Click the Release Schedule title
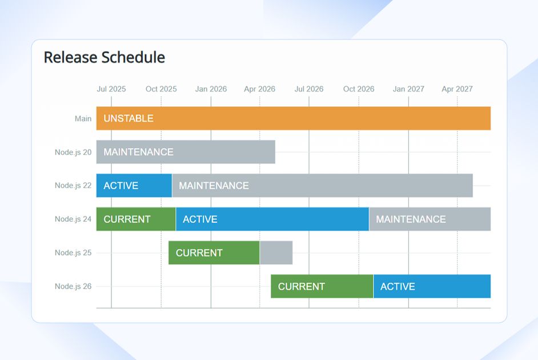click(x=105, y=58)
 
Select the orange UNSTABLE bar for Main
click(x=293, y=118)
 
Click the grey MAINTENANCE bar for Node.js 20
click(x=186, y=152)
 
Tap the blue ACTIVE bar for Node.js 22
click(x=134, y=186)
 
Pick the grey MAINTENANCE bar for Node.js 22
click(x=322, y=186)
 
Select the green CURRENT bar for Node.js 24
click(x=136, y=219)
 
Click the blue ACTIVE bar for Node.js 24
click(x=272, y=219)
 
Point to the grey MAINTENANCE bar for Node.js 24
click(x=429, y=219)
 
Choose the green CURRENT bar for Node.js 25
click(x=214, y=253)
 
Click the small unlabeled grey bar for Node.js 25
click(x=276, y=253)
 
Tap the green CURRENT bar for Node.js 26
click(x=322, y=286)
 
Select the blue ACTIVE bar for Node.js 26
click(x=432, y=286)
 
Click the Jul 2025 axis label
click(x=111, y=89)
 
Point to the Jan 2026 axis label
click(x=211, y=89)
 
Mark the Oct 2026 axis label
click(x=359, y=89)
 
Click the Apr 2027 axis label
click(x=457, y=89)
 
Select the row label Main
click(x=83, y=119)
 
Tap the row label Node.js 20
click(x=73, y=152)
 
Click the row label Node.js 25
click(x=73, y=253)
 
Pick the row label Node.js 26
click(x=73, y=286)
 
